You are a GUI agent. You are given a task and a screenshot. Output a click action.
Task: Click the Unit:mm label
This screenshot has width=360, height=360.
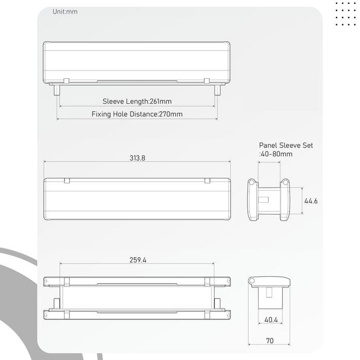65,11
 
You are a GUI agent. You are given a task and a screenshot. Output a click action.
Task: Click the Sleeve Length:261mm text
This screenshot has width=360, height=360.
137,101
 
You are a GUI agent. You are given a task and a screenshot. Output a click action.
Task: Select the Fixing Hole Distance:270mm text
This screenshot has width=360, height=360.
137,114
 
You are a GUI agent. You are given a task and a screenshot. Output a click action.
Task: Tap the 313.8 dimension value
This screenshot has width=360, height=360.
137,158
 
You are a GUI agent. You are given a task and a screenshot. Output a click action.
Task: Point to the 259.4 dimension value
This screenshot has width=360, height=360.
137,260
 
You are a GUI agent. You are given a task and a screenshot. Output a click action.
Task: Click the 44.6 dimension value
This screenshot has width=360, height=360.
311,201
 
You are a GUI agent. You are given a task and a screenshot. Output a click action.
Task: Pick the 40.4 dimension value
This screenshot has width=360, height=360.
271,320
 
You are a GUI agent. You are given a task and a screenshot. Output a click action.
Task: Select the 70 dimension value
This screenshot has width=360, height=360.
271,340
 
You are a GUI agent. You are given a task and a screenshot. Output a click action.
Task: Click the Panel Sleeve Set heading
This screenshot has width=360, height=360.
285,146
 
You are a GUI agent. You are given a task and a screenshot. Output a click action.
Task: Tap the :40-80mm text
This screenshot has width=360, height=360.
276,154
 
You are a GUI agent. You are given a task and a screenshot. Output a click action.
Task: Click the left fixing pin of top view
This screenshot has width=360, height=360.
57,90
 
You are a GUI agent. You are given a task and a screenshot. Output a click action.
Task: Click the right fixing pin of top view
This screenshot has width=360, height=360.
217,90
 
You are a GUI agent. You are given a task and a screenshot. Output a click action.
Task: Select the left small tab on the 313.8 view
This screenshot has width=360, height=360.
66,181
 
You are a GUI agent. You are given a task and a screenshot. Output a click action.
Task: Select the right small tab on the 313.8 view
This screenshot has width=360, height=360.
207,181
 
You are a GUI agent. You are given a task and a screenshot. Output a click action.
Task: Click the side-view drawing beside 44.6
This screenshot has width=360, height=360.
268,200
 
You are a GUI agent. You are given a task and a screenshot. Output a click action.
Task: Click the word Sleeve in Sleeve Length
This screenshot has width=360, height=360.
114,101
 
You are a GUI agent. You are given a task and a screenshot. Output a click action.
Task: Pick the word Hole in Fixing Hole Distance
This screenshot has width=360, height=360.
121,114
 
